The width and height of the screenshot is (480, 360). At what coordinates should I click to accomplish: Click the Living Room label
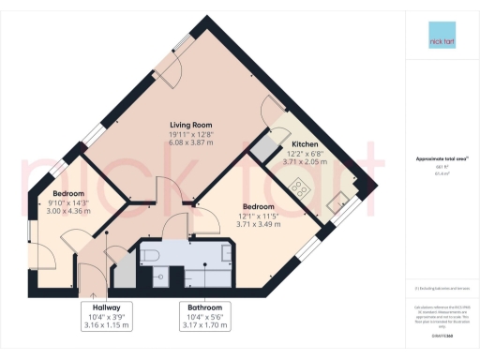click(190, 124)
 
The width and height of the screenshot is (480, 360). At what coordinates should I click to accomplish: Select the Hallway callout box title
click(105, 307)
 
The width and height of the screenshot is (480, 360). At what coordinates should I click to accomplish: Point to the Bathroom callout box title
click(204, 307)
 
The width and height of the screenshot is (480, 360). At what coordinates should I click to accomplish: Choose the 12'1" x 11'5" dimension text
click(258, 215)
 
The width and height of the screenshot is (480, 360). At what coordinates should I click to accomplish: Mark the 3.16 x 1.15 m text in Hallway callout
click(105, 324)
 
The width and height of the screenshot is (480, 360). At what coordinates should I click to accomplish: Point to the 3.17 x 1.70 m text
click(204, 324)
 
